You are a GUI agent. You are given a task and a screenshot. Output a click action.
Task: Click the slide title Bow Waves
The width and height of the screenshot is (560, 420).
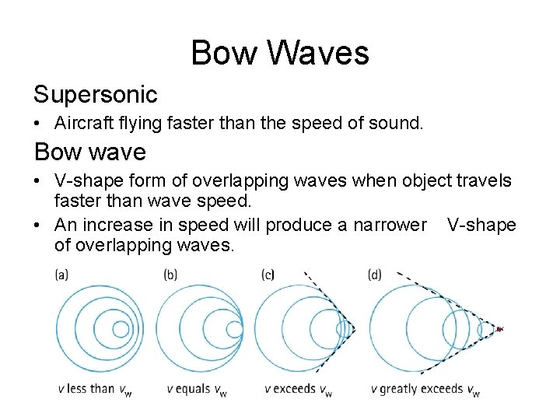(x=280, y=54)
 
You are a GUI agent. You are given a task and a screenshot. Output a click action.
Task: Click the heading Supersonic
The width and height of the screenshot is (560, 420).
(x=95, y=94)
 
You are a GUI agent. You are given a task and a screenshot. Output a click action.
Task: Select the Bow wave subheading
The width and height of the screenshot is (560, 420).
(x=89, y=152)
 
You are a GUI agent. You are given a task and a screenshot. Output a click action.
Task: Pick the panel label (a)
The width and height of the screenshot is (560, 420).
(x=62, y=275)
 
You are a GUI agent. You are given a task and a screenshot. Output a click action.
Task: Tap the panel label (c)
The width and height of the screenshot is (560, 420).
(x=269, y=275)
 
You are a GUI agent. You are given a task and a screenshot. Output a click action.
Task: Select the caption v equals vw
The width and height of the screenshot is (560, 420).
(x=197, y=389)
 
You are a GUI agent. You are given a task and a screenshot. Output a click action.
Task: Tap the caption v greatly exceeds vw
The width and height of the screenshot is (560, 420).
(x=425, y=389)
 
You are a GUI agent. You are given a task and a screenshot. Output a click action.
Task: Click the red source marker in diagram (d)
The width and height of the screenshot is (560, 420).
(x=499, y=329)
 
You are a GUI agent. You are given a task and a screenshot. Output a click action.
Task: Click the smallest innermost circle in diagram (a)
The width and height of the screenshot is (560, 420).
(x=121, y=329)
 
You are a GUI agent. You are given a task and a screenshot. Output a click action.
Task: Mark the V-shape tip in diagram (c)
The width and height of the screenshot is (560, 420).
(x=354, y=330)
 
